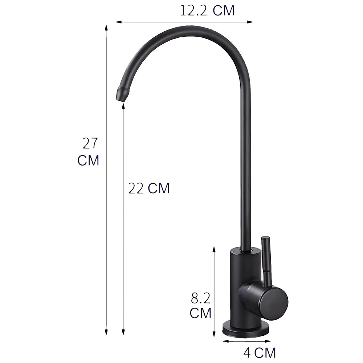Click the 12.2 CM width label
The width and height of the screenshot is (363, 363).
pyautogui.click(x=207, y=11)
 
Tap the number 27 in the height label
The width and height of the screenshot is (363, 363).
pyautogui.click(x=90, y=144)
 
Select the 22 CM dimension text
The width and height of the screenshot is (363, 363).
pyautogui.click(x=149, y=188)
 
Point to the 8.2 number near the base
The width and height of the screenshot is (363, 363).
pyautogui.click(x=201, y=299)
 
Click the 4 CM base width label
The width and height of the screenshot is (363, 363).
pyautogui.click(x=260, y=352)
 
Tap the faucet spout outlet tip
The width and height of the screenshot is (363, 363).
pyautogui.click(x=122, y=96)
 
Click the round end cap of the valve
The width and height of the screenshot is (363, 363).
pyautogui.click(x=275, y=301)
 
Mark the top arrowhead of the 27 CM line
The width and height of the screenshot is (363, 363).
pyautogui.click(x=106, y=28)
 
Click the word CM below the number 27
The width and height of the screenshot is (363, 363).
pyautogui.click(x=88, y=160)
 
